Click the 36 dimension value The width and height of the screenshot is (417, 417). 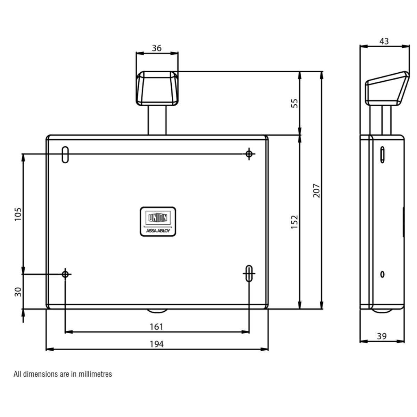pyautogui.click(x=157, y=48)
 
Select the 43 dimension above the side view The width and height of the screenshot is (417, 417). pyautogui.click(x=384, y=41)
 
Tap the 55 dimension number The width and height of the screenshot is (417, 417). pyautogui.click(x=294, y=103)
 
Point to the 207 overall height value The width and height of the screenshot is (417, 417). pyautogui.click(x=316, y=191)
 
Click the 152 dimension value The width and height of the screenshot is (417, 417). pyautogui.click(x=294, y=222)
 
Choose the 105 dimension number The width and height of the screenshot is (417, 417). pyautogui.click(x=18, y=214)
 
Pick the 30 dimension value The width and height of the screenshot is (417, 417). pyautogui.click(x=18, y=292)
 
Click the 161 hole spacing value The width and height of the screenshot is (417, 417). pyautogui.click(x=156, y=327)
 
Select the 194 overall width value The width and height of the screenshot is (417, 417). pyautogui.click(x=156, y=344)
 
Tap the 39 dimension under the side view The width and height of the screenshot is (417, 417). pyautogui.click(x=382, y=336)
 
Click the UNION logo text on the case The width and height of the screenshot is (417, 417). pyautogui.click(x=158, y=218)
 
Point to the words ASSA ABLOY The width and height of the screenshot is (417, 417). pyautogui.click(x=158, y=230)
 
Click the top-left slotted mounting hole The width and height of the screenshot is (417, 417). pyautogui.click(x=65, y=155)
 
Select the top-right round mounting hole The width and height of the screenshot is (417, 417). pyautogui.click(x=249, y=154)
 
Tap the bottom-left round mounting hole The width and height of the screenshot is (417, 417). pyautogui.click(x=65, y=274)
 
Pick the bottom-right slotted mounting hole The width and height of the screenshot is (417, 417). pyautogui.click(x=249, y=273)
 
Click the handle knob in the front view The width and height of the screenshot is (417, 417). pyautogui.click(x=157, y=88)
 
